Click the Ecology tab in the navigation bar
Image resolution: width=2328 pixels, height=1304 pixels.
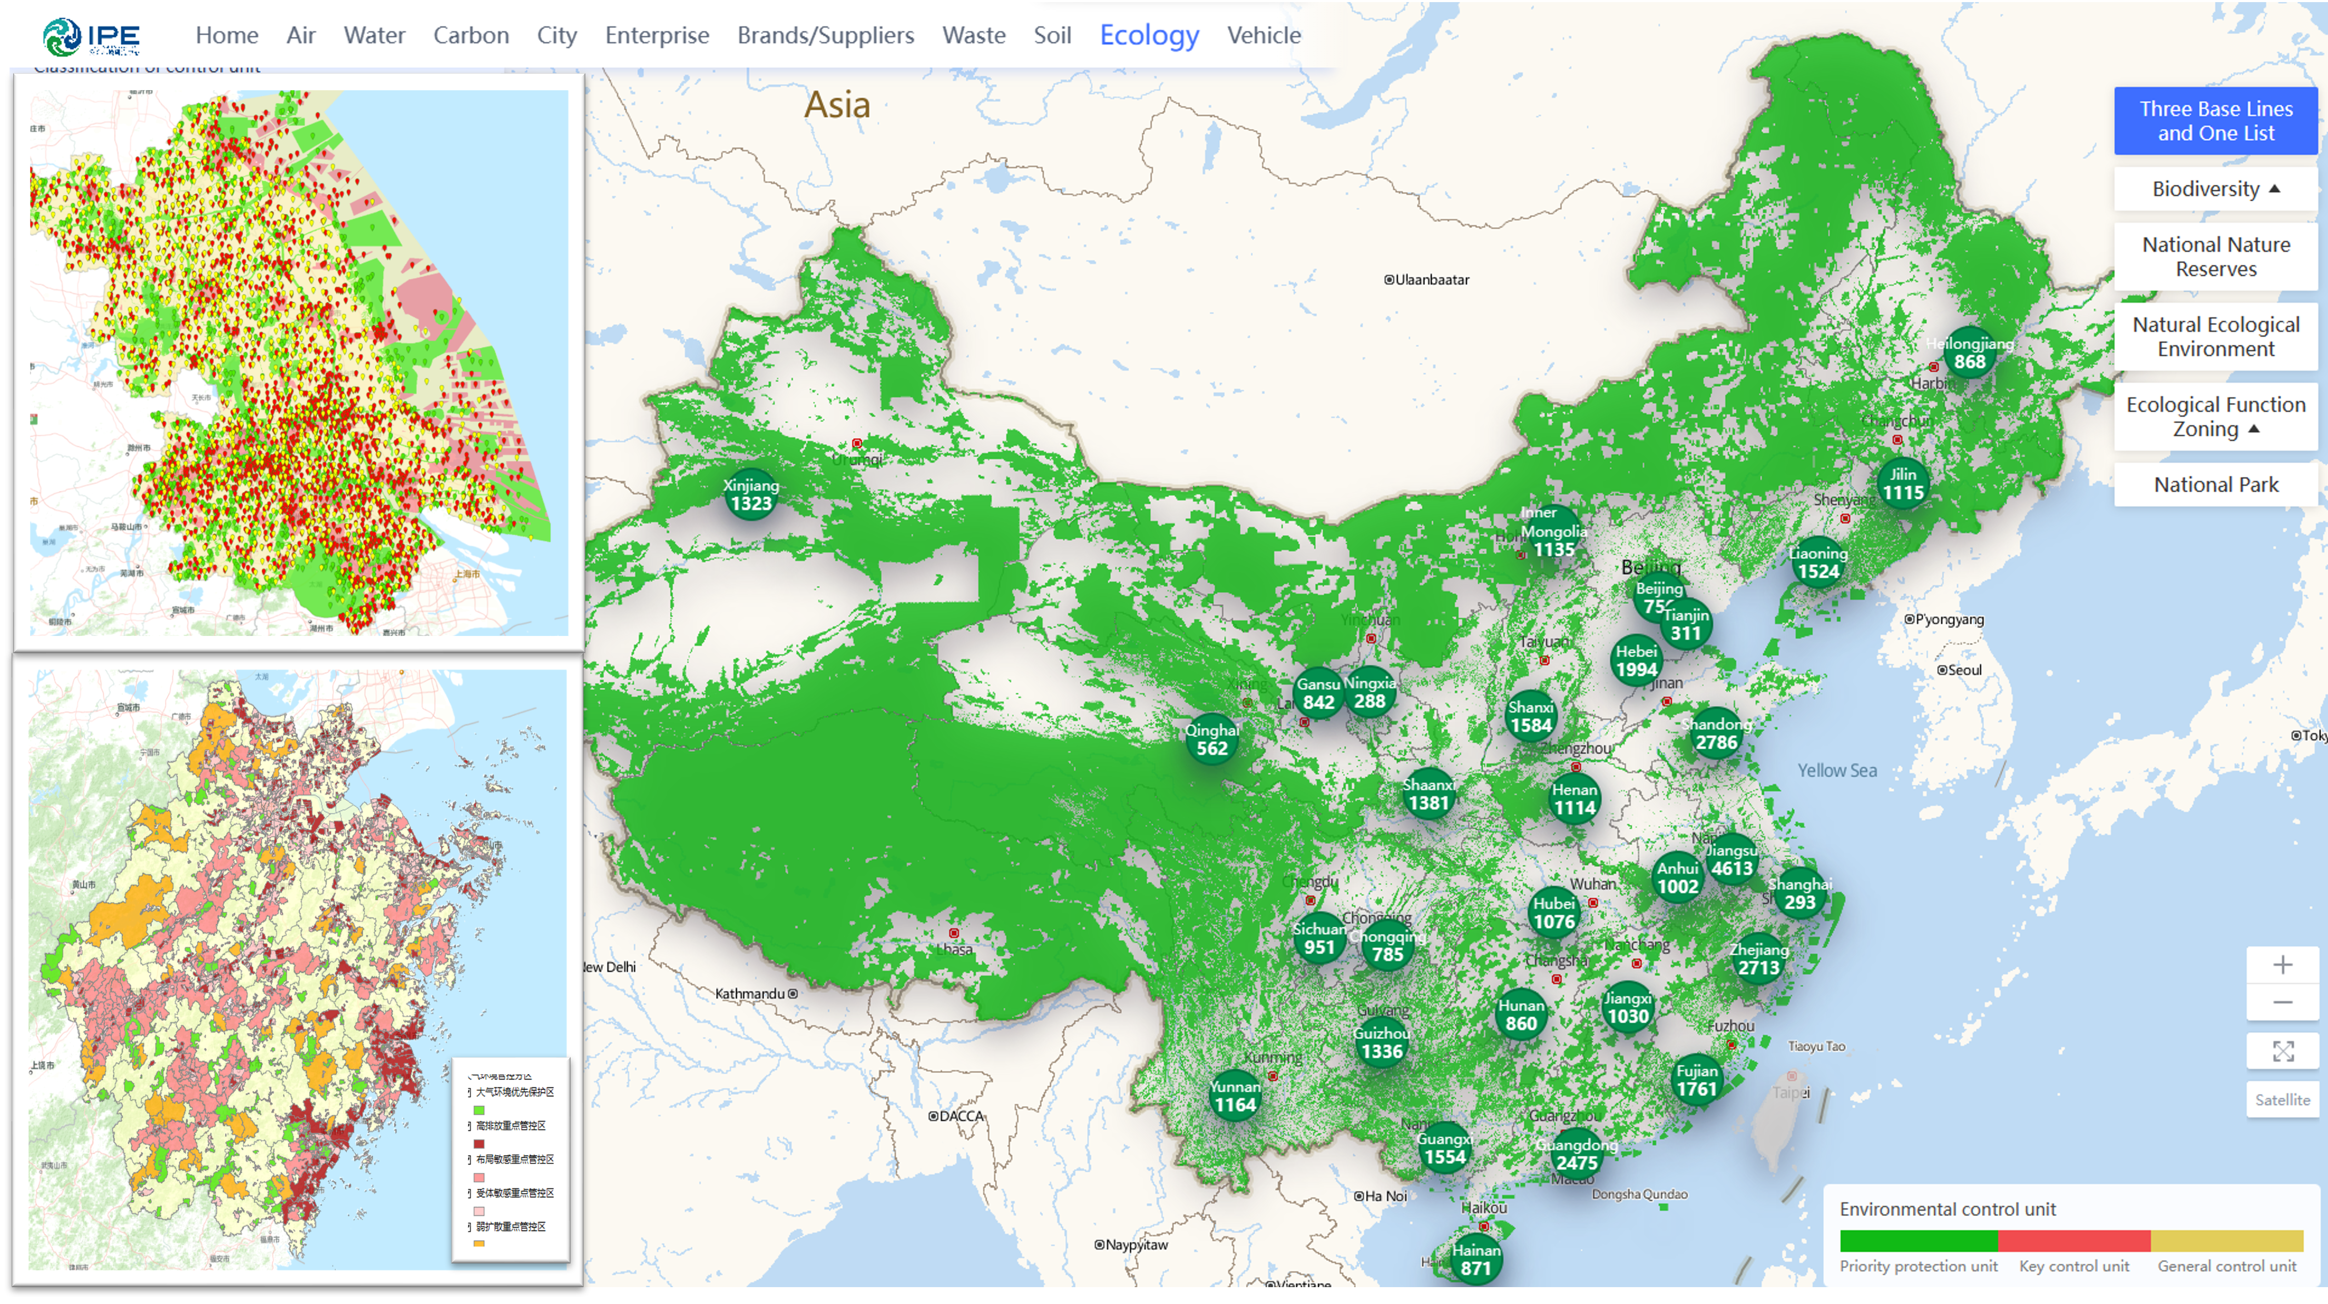[x=1149, y=35]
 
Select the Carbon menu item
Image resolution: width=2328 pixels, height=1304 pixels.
[x=471, y=35]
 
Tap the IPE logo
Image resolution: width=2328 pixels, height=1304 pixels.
[x=91, y=37]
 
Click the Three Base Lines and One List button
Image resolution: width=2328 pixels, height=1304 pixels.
[x=2215, y=121]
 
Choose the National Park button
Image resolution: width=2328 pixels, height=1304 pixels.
[x=2215, y=484]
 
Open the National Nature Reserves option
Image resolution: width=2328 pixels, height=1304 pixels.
[x=2215, y=257]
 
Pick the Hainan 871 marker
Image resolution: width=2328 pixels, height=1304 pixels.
[x=1476, y=1259]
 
